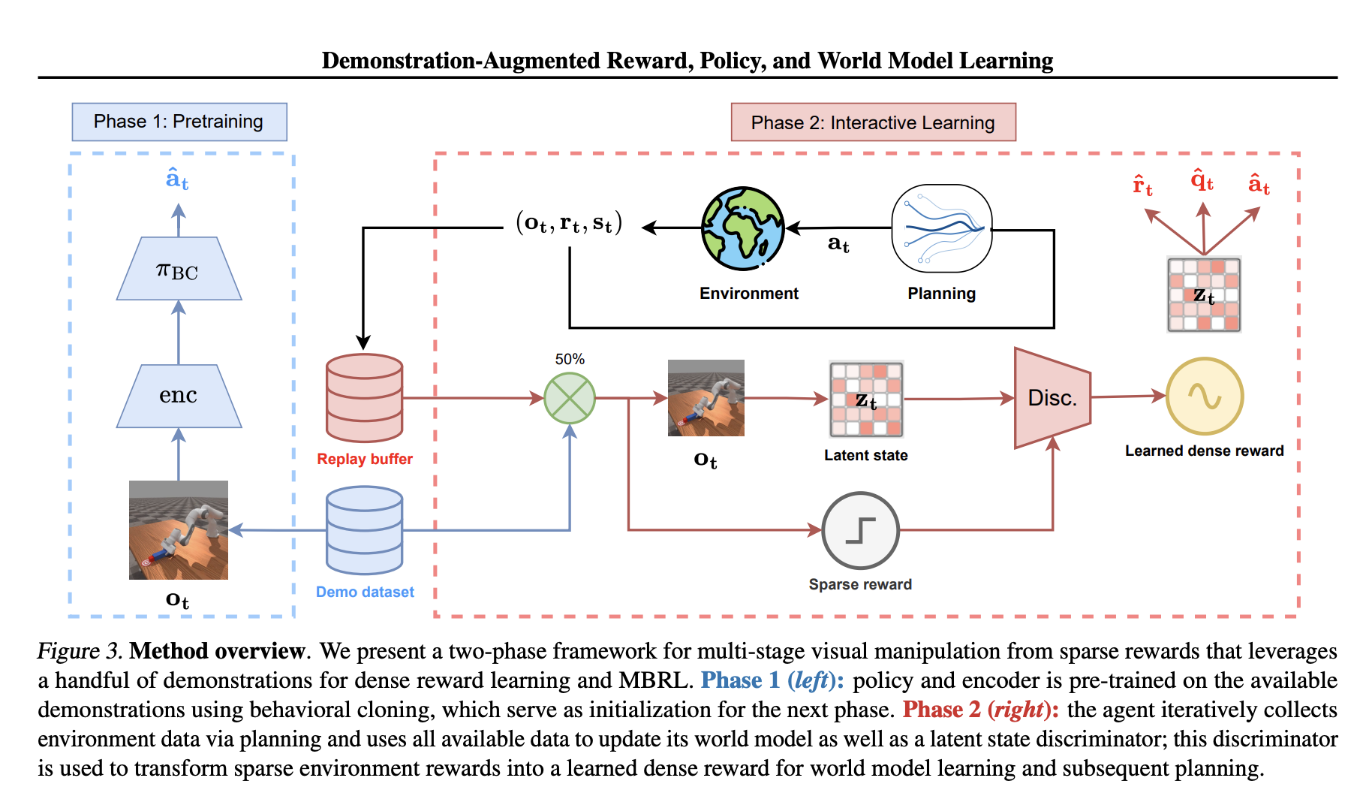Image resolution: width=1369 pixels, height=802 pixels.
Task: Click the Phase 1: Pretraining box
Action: click(179, 122)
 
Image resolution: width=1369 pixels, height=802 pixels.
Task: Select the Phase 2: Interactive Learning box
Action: click(873, 122)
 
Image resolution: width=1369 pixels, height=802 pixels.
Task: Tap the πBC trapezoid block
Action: click(179, 270)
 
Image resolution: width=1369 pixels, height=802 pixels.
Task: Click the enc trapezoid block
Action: click(179, 396)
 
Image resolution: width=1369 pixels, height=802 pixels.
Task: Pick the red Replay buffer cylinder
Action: click(365, 398)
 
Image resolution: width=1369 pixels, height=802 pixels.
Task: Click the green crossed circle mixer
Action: click(570, 398)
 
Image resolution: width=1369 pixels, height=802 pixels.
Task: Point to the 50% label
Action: click(570, 359)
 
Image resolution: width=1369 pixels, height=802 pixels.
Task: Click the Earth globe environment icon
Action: click(742, 228)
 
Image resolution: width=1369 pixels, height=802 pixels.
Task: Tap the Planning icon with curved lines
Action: click(941, 228)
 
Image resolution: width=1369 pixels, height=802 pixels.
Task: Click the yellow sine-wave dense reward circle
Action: click(1204, 396)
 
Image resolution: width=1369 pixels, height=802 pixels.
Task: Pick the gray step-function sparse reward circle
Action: click(860, 530)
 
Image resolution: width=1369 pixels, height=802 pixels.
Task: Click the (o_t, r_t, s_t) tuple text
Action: click(570, 223)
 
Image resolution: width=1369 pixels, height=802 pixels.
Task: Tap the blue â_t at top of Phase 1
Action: click(177, 179)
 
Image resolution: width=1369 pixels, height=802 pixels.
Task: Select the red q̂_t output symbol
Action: click(1202, 181)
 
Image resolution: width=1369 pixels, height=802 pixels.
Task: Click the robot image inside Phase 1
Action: click(179, 530)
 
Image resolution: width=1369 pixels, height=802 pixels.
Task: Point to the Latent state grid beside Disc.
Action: click(866, 399)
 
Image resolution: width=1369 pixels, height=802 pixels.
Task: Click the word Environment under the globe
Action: click(748, 294)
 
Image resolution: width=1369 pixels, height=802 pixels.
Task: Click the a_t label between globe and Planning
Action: click(838, 243)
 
